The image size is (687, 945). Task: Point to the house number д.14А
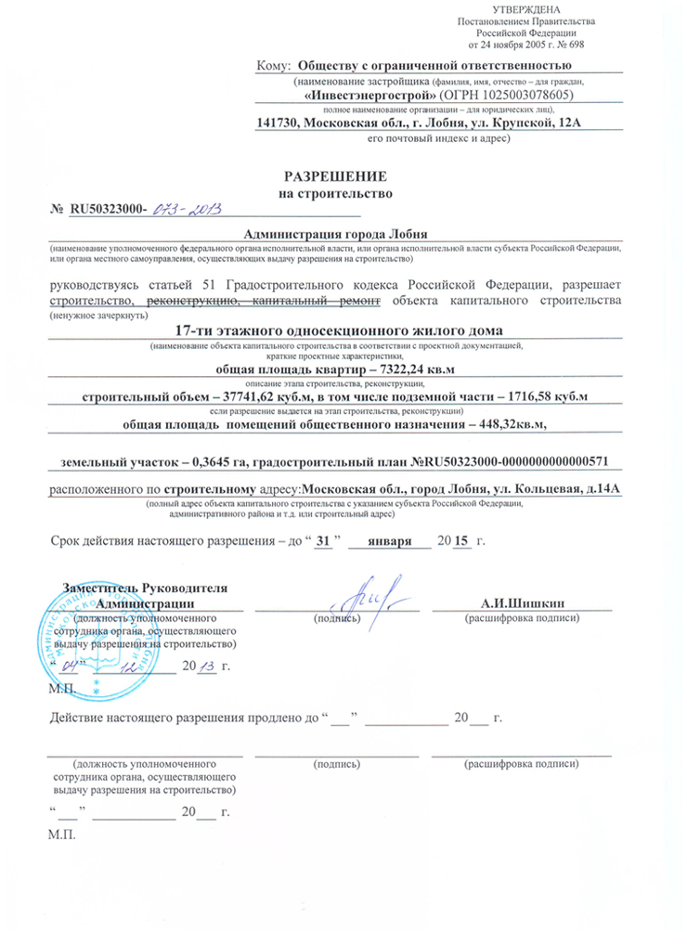coord(590,488)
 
